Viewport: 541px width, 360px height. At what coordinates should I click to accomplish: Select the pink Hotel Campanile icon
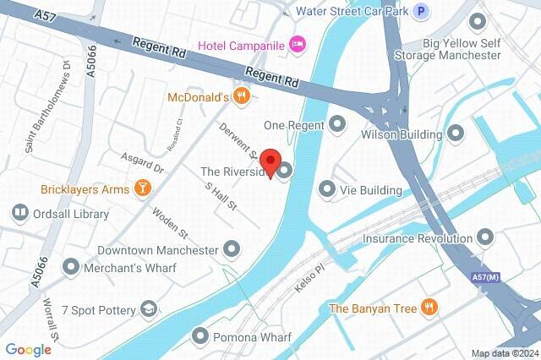click(x=297, y=44)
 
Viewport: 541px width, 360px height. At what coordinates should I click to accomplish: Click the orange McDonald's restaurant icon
click(x=243, y=96)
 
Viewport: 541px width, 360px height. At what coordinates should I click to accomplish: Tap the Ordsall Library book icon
click(x=19, y=214)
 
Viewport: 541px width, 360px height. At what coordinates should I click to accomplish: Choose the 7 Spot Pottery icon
click(x=150, y=310)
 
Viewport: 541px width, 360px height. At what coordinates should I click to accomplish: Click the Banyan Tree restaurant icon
click(x=430, y=308)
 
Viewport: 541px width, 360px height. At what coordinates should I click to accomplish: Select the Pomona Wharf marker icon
click(x=200, y=335)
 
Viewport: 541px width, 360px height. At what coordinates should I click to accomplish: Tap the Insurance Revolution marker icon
click(x=485, y=238)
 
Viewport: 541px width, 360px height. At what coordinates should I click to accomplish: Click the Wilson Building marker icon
click(x=456, y=134)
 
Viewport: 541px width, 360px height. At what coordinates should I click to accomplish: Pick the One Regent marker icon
click(x=338, y=124)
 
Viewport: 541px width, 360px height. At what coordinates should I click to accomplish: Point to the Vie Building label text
click(x=370, y=190)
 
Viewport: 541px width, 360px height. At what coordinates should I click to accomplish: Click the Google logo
click(x=28, y=349)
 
